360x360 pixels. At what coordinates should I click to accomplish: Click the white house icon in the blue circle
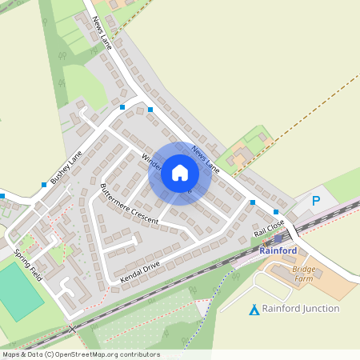[180, 173]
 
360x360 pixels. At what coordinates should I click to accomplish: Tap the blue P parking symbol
[316, 201]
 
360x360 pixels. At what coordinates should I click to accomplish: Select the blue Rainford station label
[278, 250]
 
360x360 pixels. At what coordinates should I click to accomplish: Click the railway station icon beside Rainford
[278, 238]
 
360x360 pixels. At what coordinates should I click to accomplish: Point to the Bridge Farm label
[304, 274]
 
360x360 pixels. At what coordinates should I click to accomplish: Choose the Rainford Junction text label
[301, 308]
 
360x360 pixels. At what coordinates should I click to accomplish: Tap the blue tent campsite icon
[254, 309]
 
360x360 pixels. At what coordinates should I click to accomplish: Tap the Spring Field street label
[27, 263]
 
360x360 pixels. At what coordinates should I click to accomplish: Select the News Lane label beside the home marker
[206, 158]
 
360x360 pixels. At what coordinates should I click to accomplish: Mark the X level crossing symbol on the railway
[72, 329]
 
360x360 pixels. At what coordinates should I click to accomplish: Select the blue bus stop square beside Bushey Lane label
[44, 185]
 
